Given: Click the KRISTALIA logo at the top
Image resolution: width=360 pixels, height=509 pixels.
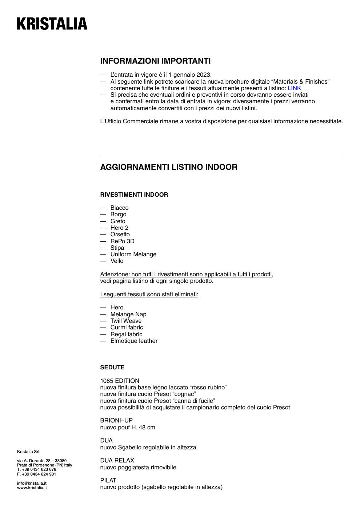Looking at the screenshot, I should pyautogui.click(x=52, y=24).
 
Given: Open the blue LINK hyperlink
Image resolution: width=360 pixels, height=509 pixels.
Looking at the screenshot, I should pyautogui.click(x=294, y=88).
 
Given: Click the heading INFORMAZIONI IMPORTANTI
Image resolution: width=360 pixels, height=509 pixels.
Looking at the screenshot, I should pyautogui.click(x=155, y=61).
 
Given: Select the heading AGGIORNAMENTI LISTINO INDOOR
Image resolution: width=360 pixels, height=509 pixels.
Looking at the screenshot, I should pyautogui.click(x=169, y=167).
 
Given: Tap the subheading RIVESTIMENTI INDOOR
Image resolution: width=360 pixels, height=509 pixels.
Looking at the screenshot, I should pyautogui.click(x=134, y=195).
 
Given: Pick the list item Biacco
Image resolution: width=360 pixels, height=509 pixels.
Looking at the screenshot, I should pyautogui.click(x=119, y=208).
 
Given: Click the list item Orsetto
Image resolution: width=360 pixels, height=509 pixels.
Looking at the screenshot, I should pyautogui.click(x=120, y=234).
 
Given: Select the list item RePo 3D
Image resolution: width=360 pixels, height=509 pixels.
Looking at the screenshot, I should pyautogui.click(x=122, y=241).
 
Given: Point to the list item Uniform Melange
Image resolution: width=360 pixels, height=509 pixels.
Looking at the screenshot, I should pyautogui.click(x=133, y=254).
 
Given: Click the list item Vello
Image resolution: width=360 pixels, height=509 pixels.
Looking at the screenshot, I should pyautogui.click(x=117, y=261).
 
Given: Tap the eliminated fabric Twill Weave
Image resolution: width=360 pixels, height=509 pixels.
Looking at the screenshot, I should pyautogui.click(x=126, y=321).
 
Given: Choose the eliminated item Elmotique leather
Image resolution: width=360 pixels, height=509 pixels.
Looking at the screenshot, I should pyautogui.click(x=134, y=341).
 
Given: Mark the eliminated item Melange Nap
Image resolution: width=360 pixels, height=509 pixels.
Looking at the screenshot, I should pyautogui.click(x=128, y=314).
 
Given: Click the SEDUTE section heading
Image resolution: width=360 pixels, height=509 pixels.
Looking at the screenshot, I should pyautogui.click(x=112, y=367).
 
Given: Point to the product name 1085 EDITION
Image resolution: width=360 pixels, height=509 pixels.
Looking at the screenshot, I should pyautogui.click(x=120, y=381).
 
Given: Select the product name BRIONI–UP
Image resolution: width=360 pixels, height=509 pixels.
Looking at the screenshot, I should pyautogui.click(x=116, y=420).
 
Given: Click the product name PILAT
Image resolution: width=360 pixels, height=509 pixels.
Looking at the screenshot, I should pyautogui.click(x=108, y=480).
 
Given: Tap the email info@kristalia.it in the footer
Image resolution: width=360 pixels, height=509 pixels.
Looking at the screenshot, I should pyautogui.click(x=32, y=483).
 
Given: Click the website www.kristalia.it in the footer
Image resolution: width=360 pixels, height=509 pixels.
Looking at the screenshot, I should pyautogui.click(x=32, y=488).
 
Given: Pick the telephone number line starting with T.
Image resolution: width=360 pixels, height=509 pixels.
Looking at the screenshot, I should pyautogui.click(x=36, y=469).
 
